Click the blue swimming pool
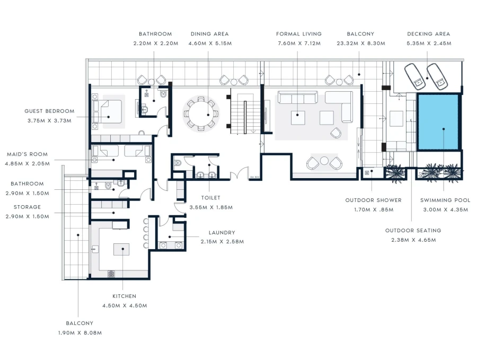click(x=437, y=122)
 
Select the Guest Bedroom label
click(x=49, y=111)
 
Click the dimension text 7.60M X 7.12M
click(x=298, y=43)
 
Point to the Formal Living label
click(x=298, y=34)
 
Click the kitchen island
click(x=122, y=250)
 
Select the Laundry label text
click(x=222, y=233)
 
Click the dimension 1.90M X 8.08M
click(x=79, y=332)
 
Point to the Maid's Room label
click(x=27, y=154)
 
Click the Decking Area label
click(x=428, y=34)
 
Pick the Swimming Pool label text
click(x=444, y=200)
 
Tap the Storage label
click(x=27, y=207)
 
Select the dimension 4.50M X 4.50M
click(x=125, y=305)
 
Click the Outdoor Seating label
click(x=413, y=231)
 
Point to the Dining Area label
click(x=209, y=34)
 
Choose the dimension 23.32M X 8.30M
click(x=360, y=43)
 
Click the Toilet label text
click(x=211, y=198)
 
